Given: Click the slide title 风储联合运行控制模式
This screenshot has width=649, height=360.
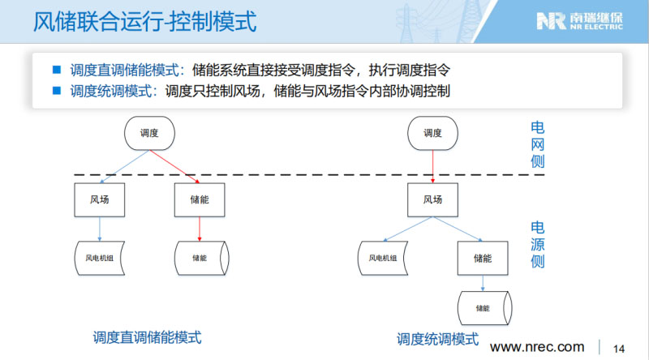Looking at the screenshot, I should click(x=145, y=21).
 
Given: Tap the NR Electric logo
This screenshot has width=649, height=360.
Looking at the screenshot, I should click(x=579, y=21).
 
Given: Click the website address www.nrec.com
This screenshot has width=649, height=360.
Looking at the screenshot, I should click(x=537, y=348).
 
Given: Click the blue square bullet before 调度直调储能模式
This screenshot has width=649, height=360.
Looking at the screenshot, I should click(x=57, y=70).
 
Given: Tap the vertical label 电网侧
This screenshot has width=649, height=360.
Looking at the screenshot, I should click(x=537, y=144).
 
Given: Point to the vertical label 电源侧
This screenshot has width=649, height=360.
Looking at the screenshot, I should click(x=537, y=244).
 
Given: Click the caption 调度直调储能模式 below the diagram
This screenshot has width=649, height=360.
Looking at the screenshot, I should click(x=147, y=337).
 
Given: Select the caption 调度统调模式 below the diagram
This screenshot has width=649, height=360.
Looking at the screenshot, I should click(x=437, y=339).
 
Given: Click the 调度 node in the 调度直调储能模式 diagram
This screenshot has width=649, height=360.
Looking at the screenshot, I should click(x=149, y=133).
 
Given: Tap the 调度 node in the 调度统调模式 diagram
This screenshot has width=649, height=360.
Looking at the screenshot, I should click(x=433, y=133).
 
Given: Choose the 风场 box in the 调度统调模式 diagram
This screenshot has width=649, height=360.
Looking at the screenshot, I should click(x=433, y=199).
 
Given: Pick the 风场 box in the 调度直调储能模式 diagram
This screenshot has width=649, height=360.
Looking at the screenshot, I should click(x=99, y=199).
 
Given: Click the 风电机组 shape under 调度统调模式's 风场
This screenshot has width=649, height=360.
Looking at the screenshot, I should click(x=383, y=259).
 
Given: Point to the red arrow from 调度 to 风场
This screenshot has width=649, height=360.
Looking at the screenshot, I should click(x=433, y=165).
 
